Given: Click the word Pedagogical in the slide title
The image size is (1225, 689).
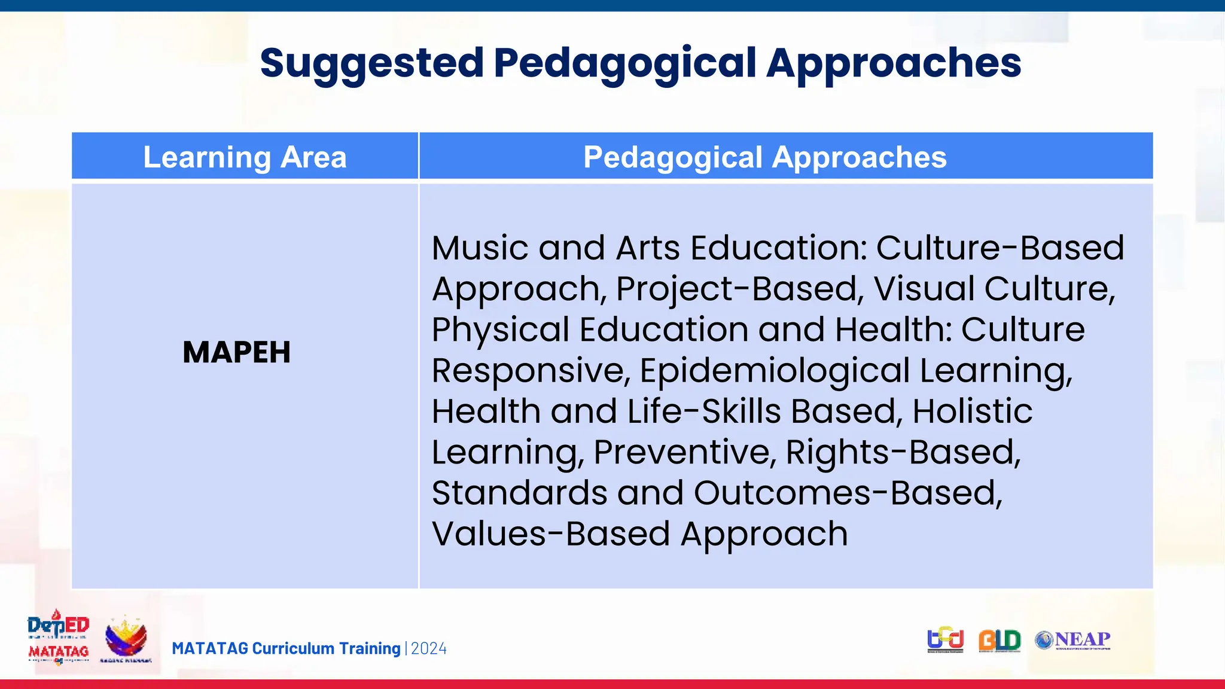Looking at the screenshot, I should click(625, 63).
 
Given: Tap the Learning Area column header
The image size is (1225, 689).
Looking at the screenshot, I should click(245, 157).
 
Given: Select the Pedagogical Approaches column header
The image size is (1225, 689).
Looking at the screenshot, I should click(764, 157).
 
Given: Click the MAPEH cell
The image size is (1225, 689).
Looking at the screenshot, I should click(237, 352).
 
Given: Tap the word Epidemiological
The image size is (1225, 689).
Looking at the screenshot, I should click(775, 370).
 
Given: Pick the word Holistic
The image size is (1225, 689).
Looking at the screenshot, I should click(972, 411).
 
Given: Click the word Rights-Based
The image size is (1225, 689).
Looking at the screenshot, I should click(903, 452).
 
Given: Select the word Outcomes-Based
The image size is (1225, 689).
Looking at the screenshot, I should click(847, 493).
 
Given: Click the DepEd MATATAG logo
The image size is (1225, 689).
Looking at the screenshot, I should click(59, 638).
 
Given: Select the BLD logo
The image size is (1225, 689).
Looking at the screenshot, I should click(999, 641).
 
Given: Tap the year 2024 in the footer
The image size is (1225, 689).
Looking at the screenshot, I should click(429, 648).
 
